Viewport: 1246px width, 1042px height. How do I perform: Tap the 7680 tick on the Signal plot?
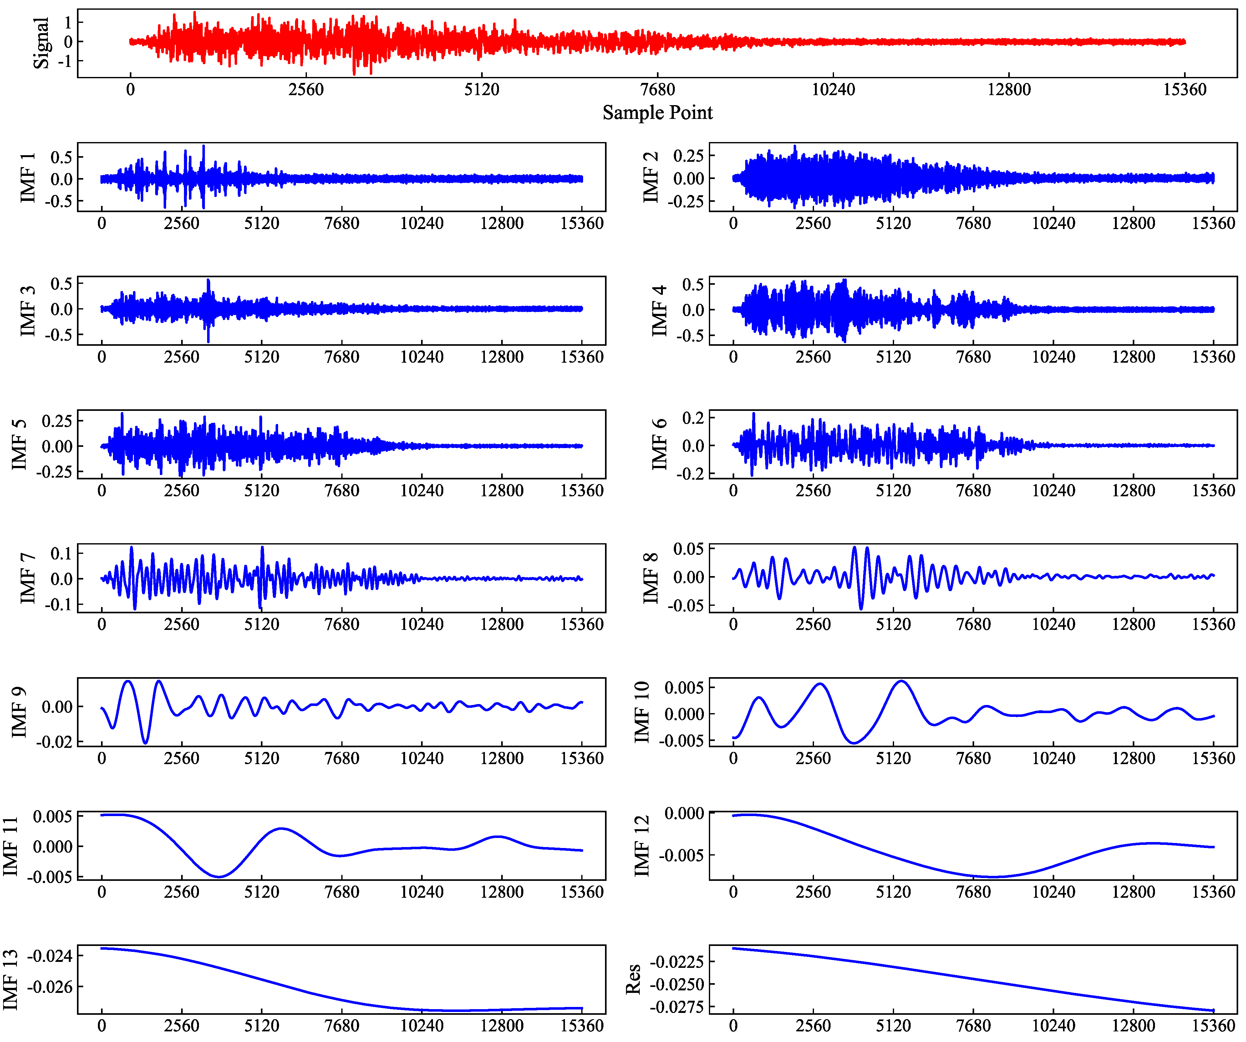pos(658,89)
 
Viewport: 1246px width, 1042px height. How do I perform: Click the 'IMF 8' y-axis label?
pos(651,577)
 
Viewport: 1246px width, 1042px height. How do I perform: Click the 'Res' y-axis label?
pos(633,979)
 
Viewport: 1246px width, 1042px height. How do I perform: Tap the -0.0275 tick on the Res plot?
pos(676,1007)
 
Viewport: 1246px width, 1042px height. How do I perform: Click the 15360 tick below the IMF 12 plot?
pos(1213,892)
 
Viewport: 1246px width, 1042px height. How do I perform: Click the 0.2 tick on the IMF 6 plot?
pos(693,418)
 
